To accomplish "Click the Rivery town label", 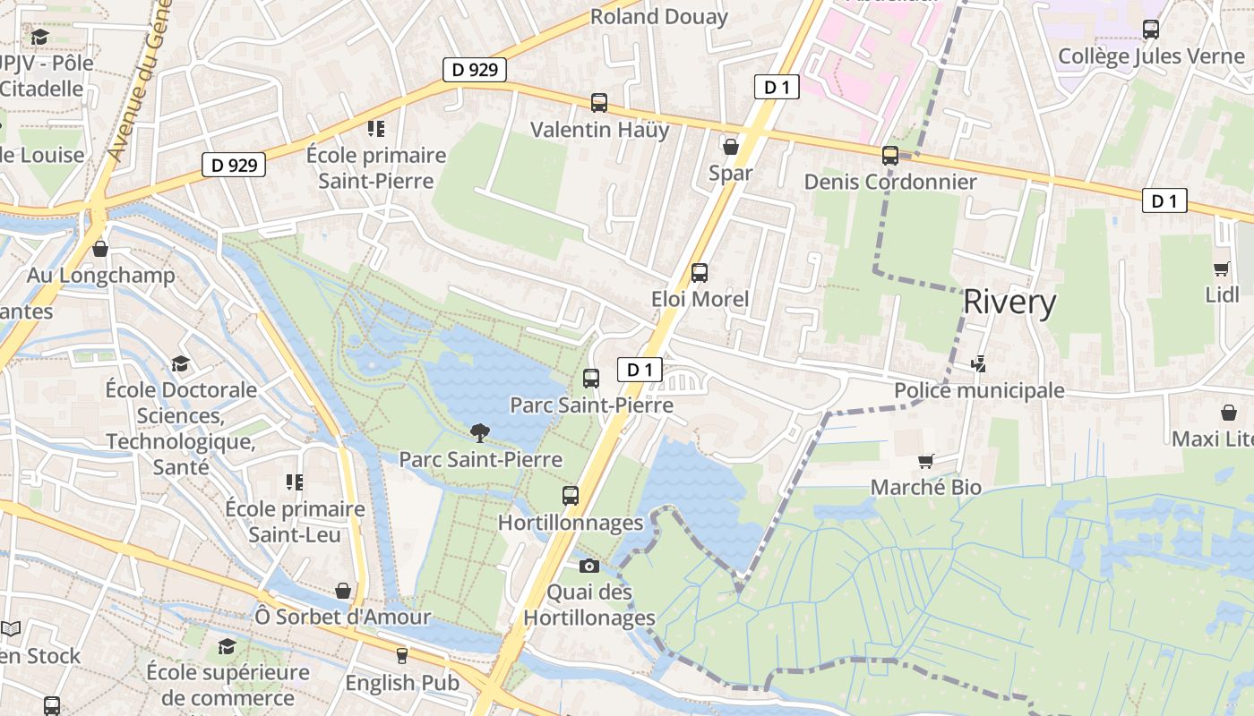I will click(1009, 303).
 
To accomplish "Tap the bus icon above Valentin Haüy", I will click(599, 103).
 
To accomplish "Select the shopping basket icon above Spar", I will click(731, 146).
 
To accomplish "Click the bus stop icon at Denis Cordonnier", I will click(889, 156).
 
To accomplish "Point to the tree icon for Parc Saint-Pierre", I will click(480, 433).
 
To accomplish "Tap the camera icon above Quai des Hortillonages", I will click(588, 566).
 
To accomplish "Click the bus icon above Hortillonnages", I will click(571, 496).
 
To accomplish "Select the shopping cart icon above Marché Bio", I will click(926, 462).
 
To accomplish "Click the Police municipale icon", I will click(979, 364).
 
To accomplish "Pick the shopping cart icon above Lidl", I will click(1221, 268).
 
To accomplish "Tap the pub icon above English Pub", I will click(401, 656).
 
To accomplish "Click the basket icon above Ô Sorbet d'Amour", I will click(343, 591).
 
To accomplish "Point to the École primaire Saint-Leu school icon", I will click(295, 482).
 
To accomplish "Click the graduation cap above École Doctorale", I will click(181, 363).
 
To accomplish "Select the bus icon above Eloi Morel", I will click(700, 273).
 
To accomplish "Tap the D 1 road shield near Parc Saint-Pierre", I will click(640, 369).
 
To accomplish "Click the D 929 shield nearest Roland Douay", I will click(475, 70).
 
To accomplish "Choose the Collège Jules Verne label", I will click(1151, 56).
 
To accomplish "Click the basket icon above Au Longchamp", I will click(100, 249).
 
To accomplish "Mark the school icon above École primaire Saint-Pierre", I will click(376, 129).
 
